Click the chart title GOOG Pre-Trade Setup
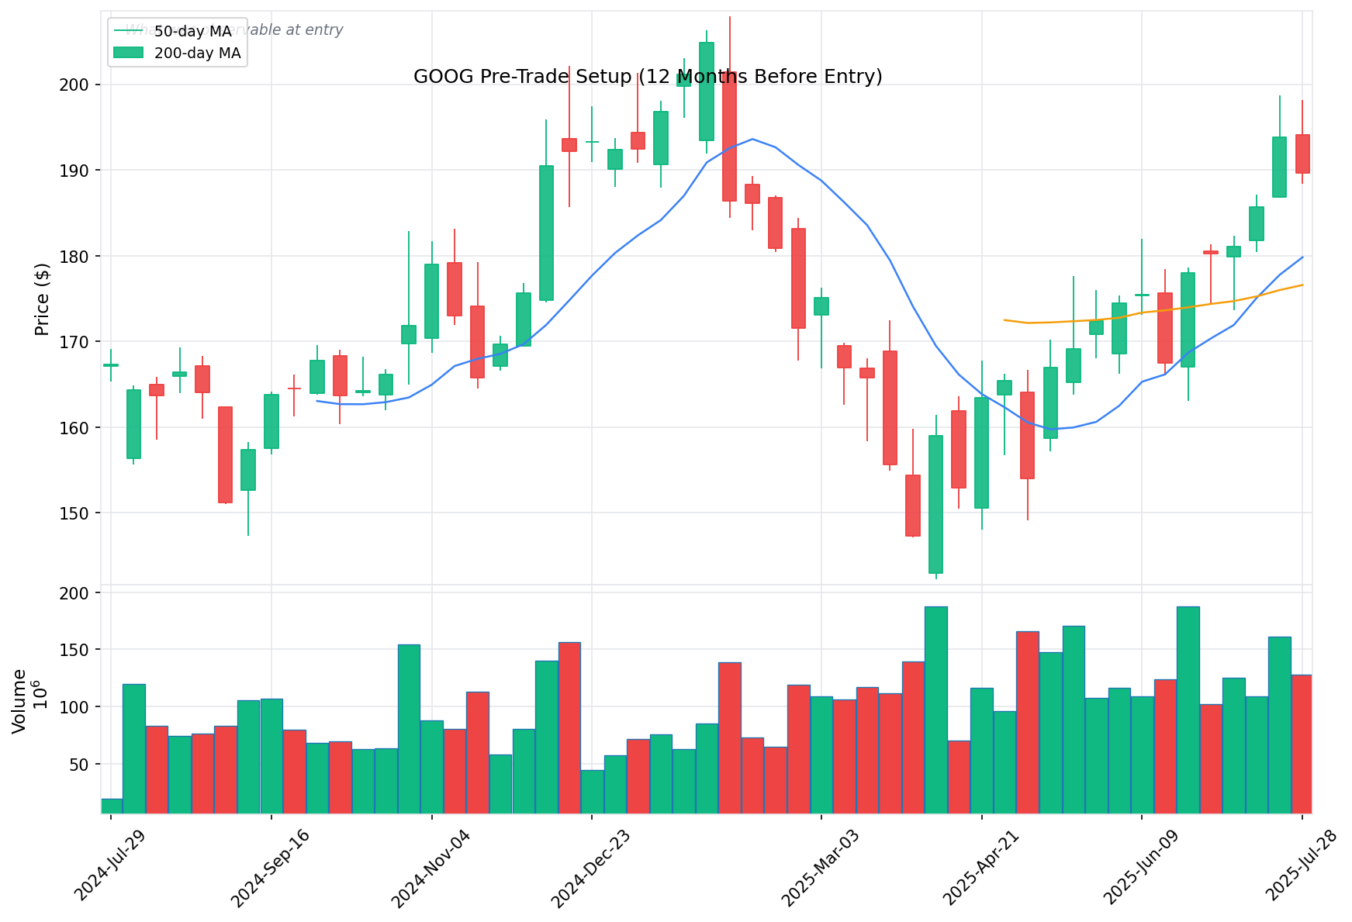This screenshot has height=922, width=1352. (648, 77)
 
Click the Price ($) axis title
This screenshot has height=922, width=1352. (43, 299)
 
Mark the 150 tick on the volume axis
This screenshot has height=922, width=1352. (81, 649)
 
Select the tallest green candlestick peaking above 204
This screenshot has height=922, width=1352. (707, 92)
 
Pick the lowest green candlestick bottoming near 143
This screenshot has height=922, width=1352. (936, 504)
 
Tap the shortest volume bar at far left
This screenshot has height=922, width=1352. (112, 806)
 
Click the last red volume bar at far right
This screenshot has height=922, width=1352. (1302, 744)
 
